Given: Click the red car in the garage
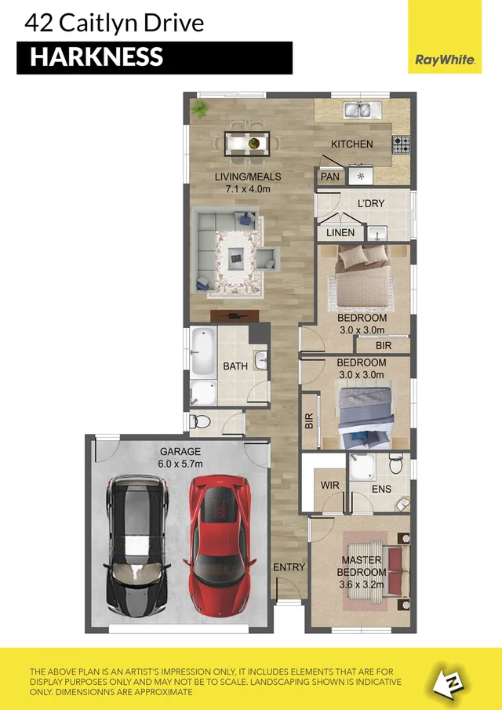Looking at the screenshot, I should coord(220,544).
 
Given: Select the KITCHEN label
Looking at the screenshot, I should coord(351,144).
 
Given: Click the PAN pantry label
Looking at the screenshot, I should coord(329,177).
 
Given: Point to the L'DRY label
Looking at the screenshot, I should coord(370,204).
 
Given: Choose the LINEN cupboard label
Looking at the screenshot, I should coord(339,233).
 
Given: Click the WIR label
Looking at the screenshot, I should coord(330,486).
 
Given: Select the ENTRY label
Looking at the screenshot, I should coord(289,567).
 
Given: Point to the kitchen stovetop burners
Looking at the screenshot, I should coord(402,144).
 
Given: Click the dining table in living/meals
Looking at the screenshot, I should coord(247,143).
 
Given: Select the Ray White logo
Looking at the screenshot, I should coord(444,59).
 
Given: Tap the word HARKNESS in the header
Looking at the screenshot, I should coord(96,56).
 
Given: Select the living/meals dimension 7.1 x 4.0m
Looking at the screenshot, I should coord(247,189).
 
